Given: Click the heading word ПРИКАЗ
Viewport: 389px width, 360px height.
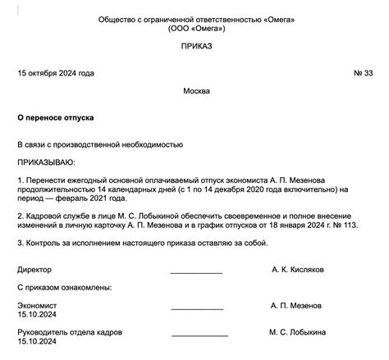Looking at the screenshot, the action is tap(196, 47).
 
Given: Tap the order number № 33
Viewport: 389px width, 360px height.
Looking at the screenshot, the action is tap(362, 73).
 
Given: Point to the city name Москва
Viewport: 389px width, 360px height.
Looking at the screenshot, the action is tap(196, 90).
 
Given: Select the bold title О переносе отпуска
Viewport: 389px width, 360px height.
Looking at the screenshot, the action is tap(53, 117).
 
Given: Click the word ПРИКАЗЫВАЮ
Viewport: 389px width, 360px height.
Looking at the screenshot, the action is tap(46, 162).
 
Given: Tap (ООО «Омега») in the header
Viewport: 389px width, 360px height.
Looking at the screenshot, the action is tap(196, 28).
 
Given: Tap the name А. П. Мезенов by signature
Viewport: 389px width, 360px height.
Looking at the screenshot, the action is tap(298, 304).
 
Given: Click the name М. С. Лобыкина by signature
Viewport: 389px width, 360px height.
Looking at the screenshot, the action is tap(298, 331).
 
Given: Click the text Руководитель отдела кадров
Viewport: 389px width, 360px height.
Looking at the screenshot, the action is tap(70, 331).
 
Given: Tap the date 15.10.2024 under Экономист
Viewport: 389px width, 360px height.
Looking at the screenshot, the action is tap(38, 313).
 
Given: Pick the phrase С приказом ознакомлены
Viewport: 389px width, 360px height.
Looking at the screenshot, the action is tap(65, 287).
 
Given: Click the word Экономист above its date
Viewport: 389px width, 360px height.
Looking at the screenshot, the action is tap(38, 304).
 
